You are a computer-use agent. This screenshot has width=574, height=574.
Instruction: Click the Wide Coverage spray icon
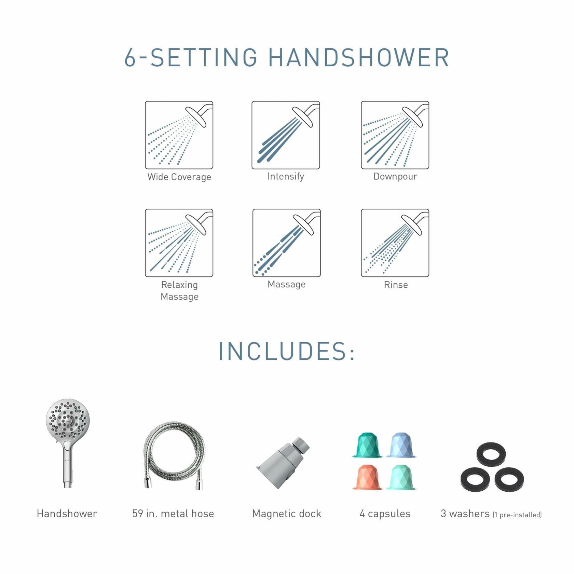tap(179, 135)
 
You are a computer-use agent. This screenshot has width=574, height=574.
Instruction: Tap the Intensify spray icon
tap(286, 135)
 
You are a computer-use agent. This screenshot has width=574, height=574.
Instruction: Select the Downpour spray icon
tap(395, 135)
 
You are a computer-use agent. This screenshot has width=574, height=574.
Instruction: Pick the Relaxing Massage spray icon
tap(179, 243)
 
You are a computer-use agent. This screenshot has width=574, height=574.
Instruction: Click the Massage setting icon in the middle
tap(286, 243)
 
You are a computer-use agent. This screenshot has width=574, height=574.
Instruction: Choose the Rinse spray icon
tap(395, 243)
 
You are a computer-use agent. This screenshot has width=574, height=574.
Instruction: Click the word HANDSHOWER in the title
tap(359, 57)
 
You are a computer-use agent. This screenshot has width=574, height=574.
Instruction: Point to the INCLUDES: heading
tap(287, 351)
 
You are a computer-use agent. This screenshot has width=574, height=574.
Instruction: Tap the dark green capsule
tap(367, 445)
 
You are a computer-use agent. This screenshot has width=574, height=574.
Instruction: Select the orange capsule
tap(367, 477)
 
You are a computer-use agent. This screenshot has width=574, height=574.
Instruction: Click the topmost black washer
tap(491, 454)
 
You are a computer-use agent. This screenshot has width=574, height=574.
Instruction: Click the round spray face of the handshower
tap(68, 420)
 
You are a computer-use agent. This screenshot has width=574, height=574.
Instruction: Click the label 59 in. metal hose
tap(173, 514)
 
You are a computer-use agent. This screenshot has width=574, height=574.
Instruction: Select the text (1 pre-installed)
tap(517, 515)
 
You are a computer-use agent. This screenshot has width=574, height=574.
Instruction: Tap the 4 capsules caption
tap(385, 514)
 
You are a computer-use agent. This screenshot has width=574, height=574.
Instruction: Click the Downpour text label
tap(395, 176)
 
